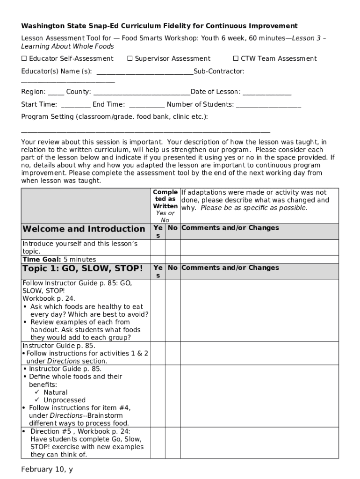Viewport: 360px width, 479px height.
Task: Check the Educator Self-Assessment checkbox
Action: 24,58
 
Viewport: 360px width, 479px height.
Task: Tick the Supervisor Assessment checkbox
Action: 130,58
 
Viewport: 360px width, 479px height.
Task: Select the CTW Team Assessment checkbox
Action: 236,58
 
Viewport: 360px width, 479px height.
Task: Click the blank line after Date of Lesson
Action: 266,93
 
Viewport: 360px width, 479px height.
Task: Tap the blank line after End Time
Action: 146,105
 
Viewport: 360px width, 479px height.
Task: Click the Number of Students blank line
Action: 268,105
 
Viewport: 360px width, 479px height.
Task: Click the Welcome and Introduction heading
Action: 84,229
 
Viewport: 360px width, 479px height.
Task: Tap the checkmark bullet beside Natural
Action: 37,392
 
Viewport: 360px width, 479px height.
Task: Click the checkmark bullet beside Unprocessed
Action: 37,400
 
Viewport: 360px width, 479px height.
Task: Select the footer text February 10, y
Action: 47,469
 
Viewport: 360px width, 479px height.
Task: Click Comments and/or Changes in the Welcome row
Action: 230,228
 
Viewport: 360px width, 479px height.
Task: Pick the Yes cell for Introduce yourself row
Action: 158,247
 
